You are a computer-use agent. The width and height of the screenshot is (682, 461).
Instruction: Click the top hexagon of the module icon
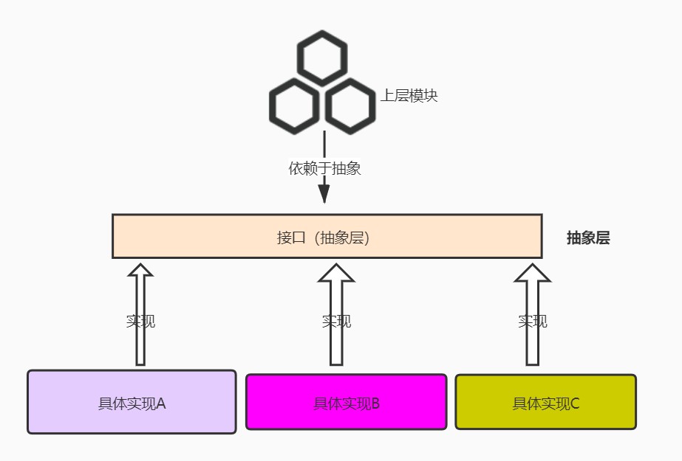(321, 58)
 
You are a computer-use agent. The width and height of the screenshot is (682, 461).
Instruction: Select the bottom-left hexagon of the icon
(293, 108)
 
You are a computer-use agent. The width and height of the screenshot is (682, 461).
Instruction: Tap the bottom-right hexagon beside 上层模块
(350, 108)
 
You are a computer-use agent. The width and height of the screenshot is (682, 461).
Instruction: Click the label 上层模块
(409, 96)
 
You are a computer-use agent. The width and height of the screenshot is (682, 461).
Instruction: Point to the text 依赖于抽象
(324, 169)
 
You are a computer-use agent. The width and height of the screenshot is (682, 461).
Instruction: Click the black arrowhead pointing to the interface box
(324, 194)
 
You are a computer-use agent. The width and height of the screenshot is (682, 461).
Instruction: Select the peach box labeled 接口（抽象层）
(327, 237)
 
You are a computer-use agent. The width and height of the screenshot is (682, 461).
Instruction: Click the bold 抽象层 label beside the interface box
(588, 238)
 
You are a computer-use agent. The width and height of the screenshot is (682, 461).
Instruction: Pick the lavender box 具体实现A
(132, 402)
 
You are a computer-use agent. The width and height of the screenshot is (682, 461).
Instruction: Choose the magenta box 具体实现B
(346, 402)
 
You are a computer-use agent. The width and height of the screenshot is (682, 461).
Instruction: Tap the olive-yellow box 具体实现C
(545, 402)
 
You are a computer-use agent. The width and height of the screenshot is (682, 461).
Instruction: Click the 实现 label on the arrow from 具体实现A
(140, 322)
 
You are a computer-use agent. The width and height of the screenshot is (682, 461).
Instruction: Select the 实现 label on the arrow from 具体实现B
(336, 322)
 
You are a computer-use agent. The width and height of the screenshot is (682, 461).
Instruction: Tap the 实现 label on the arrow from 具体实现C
(533, 322)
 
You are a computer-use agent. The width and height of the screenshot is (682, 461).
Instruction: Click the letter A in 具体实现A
(161, 404)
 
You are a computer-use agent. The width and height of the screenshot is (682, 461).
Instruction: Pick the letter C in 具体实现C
(575, 404)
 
